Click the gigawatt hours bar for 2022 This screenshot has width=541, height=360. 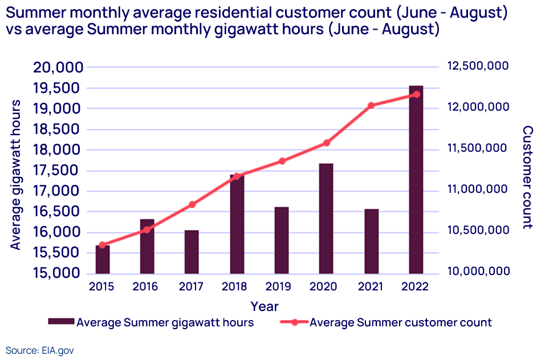[x=416, y=180]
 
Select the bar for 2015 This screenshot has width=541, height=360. [x=103, y=260]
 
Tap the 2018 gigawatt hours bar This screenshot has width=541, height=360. [x=237, y=224]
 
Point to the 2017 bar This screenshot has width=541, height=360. [x=192, y=252]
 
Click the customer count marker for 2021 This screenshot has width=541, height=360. [x=371, y=106]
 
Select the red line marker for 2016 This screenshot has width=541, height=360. [x=147, y=230]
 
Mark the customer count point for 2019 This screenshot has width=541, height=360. [x=282, y=161]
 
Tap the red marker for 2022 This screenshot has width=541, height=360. [x=416, y=94]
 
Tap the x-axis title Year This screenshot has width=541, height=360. [x=265, y=306]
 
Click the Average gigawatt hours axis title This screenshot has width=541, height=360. [x=15, y=175]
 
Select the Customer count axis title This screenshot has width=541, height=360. [x=528, y=177]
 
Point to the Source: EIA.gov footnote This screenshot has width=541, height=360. [x=40, y=350]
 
